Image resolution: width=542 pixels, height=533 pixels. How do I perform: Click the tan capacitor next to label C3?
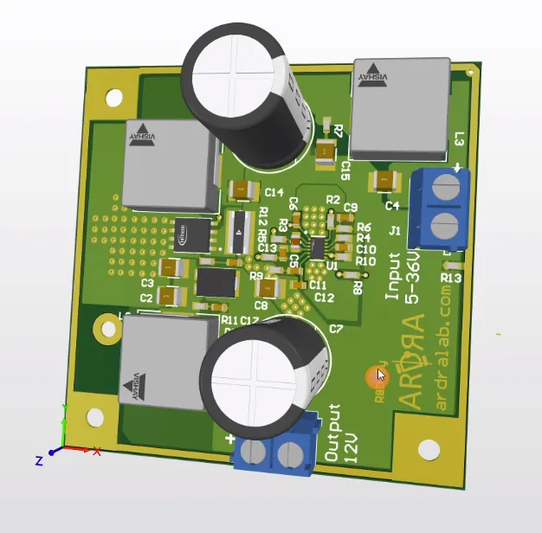coord(173,268)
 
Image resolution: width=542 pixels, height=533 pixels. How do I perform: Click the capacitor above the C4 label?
coord(383,182)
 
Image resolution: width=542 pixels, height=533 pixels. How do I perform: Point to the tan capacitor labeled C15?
coord(326,152)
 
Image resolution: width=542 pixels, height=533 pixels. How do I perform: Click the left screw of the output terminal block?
coord(254,452)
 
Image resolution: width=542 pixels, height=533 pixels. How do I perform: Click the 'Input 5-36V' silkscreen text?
coord(403,276)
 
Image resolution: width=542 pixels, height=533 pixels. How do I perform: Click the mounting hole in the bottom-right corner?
coord(429,449)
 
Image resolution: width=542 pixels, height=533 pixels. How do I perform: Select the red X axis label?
coord(96,452)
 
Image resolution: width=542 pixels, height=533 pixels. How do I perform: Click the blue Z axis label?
coord(38,460)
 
